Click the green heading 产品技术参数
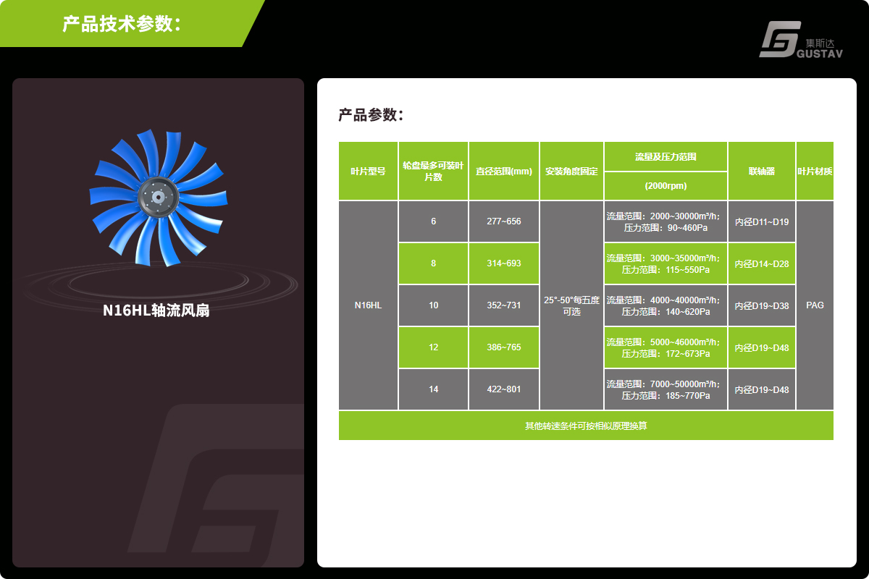(122, 24)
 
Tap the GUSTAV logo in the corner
(801, 40)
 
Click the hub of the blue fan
(158, 198)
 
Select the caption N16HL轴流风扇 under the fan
(156, 310)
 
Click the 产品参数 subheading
(371, 115)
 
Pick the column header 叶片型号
(368, 171)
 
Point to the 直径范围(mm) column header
(504, 171)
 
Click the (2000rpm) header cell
(666, 186)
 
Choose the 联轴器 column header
(762, 171)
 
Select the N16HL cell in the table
(368, 305)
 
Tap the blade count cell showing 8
(433, 263)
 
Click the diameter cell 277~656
(504, 221)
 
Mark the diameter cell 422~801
(504, 389)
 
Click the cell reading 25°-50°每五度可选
(571, 305)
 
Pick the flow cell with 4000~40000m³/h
(666, 305)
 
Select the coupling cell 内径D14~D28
(762, 263)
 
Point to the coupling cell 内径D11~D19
(762, 221)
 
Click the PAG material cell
(815, 305)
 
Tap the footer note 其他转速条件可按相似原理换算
(586, 426)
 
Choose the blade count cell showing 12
(433, 347)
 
